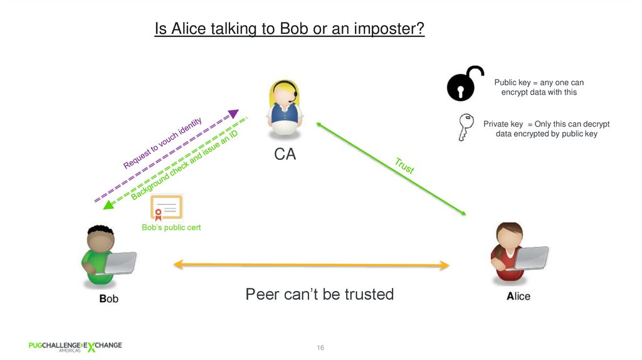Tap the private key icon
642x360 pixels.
point(465,127)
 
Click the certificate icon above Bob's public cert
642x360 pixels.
point(166,208)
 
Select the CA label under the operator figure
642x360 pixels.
point(285,154)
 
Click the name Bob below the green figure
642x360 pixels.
point(108,299)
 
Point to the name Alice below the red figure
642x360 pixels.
point(518,296)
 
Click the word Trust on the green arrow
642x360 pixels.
point(404,166)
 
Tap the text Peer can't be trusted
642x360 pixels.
point(319,294)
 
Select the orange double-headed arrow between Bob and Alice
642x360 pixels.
point(311,265)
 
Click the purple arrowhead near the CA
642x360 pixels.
point(233,114)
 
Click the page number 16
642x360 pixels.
point(320,347)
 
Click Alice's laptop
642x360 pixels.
point(531,257)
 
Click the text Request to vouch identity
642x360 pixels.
point(162,143)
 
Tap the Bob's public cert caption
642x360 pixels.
point(171,228)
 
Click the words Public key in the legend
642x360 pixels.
point(512,83)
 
